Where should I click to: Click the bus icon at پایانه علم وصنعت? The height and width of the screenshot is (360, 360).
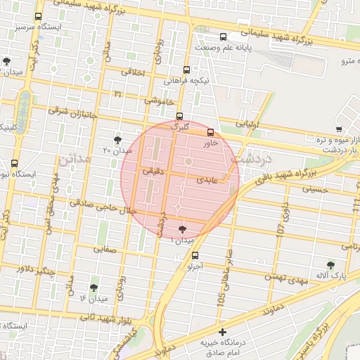point(223,37)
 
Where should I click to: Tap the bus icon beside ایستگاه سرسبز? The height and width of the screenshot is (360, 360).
point(37,16)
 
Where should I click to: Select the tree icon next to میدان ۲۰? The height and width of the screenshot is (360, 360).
point(117,140)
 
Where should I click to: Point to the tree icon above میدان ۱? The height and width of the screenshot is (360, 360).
point(183,229)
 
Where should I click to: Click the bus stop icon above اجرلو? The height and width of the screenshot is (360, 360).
point(195,256)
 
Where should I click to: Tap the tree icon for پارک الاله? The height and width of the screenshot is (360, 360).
point(330,265)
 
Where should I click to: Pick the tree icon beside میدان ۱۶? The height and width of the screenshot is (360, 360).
point(94,287)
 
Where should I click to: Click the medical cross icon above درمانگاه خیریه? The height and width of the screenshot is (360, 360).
point(223,332)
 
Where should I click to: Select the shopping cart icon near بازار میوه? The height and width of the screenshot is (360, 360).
point(339,129)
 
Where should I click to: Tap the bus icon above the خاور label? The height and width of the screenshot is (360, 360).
point(210,132)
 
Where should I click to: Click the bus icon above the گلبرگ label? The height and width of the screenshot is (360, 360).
point(180,117)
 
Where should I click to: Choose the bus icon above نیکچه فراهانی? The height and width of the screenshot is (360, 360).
point(186,70)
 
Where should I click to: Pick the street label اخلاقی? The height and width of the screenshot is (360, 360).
point(133,72)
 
